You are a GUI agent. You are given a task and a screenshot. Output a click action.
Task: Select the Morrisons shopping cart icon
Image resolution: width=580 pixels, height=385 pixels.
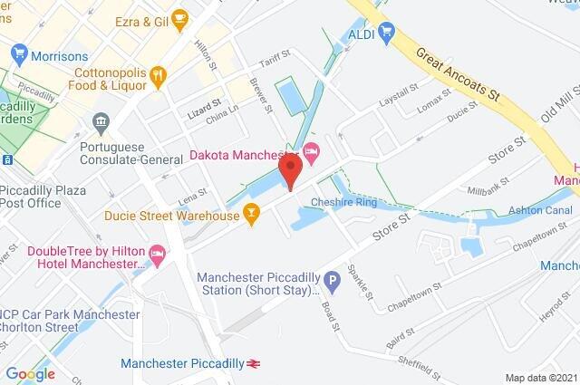[16, 56]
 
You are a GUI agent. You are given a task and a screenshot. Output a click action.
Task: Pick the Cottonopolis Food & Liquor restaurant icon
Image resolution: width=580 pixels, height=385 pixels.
[159, 75]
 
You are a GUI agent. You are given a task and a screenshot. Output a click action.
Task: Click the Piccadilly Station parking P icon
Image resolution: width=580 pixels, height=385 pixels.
[332, 283]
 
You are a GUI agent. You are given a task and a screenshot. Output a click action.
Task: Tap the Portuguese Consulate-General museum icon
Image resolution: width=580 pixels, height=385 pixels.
[101, 121]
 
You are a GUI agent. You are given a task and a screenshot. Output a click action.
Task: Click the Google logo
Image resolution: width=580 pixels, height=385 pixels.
[30, 373]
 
